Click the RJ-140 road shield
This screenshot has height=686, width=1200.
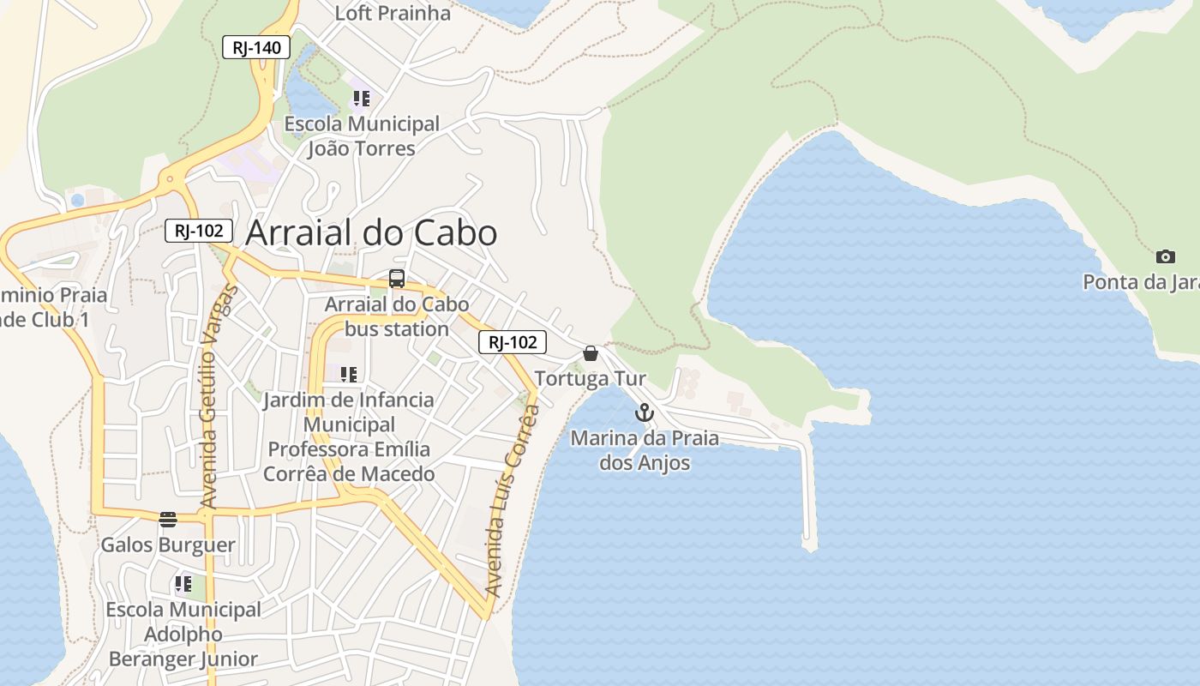256,47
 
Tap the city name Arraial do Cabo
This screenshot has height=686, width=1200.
371,233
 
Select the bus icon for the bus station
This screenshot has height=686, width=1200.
396,278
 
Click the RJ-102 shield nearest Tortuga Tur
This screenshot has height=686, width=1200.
512,342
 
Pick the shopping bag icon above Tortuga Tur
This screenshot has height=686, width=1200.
591,353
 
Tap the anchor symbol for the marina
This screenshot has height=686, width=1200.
644,413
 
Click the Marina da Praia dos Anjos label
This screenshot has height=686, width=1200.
645,450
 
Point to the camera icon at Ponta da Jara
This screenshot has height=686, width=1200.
1165,256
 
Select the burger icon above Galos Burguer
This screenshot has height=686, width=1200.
168,519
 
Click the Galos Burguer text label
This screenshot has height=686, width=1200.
168,545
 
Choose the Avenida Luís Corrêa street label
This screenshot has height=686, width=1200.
513,501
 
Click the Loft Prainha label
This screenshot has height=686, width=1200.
393,13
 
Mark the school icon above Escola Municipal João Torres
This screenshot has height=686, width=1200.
362,99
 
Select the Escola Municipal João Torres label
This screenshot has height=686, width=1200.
362,136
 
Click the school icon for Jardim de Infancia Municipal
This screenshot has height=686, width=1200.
348,375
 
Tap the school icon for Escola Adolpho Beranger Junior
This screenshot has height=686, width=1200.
183,584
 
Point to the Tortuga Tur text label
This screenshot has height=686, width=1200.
591,378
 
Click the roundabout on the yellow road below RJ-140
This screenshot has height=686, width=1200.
170,180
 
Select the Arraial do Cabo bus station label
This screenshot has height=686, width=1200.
397,316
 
